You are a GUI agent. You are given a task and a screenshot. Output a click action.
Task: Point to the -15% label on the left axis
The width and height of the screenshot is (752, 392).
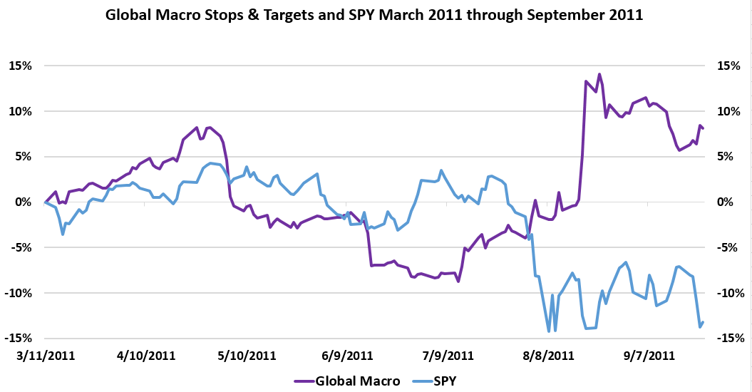[24, 339]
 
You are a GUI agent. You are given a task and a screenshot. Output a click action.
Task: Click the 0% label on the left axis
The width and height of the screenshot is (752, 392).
[29, 202]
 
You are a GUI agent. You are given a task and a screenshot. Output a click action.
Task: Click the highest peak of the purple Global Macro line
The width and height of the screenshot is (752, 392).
[599, 74]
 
